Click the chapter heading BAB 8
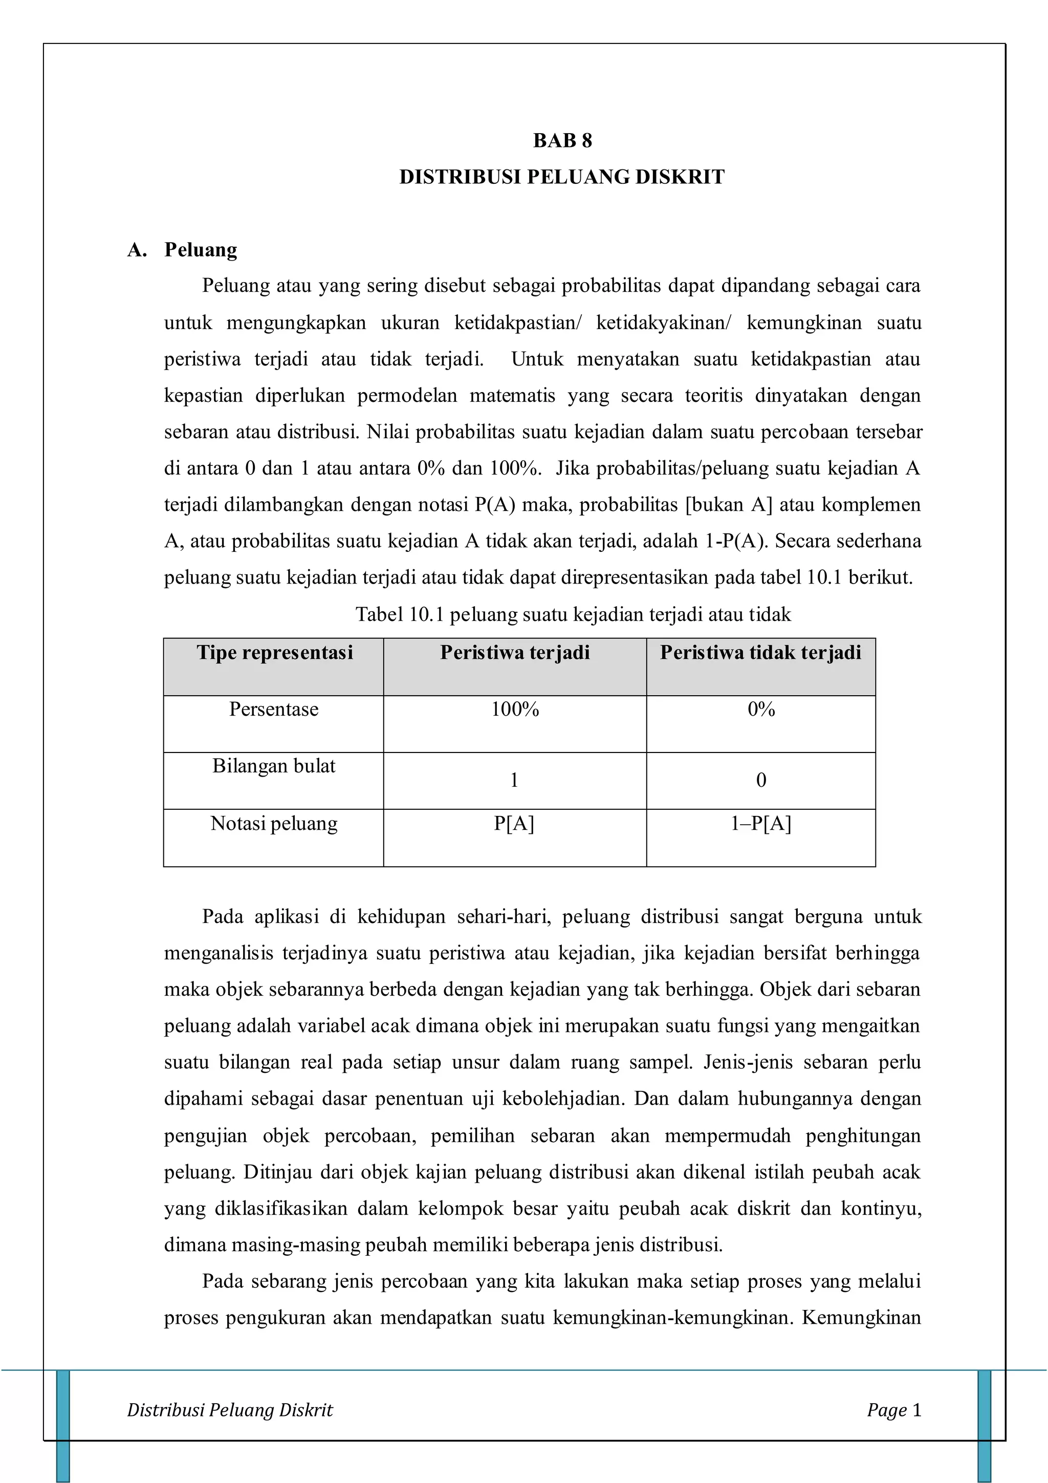[562, 140]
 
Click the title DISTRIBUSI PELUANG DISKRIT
[562, 177]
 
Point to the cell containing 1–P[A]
[760, 824]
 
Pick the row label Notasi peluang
[274, 824]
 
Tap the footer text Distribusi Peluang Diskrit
[230, 1410]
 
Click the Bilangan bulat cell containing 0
[760, 780]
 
